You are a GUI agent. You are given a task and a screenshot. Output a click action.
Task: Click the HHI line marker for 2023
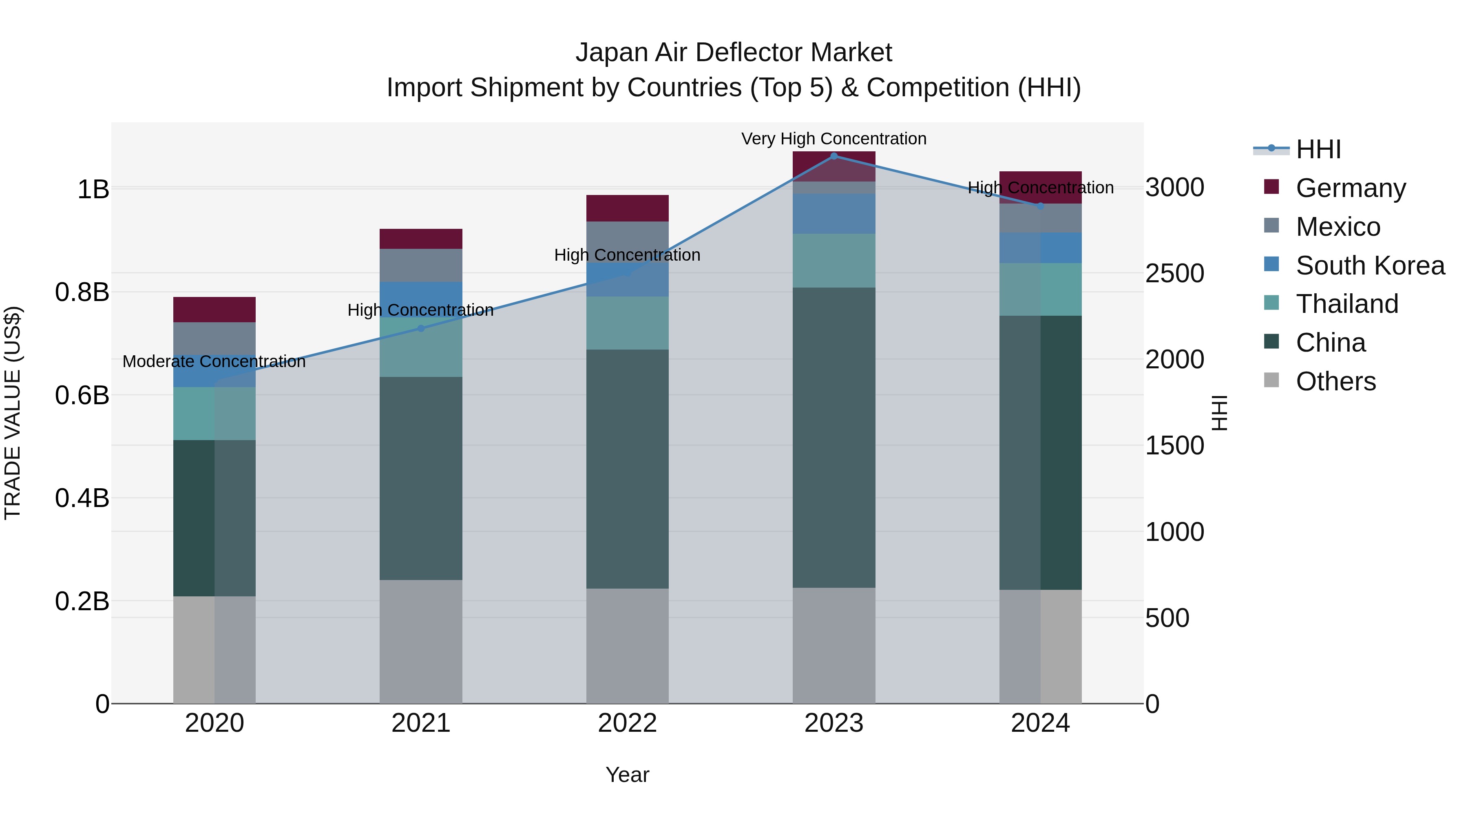pyautogui.click(x=834, y=156)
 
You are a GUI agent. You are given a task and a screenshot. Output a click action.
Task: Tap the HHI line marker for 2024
pyautogui.click(x=1040, y=206)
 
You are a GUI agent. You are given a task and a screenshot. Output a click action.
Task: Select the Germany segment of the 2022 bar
pyautogui.click(x=628, y=208)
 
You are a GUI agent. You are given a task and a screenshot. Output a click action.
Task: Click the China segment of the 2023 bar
pyautogui.click(x=834, y=437)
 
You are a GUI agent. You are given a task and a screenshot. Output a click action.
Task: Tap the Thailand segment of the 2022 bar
pyautogui.click(x=628, y=323)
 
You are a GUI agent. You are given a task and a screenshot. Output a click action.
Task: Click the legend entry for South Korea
pyautogui.click(x=1370, y=266)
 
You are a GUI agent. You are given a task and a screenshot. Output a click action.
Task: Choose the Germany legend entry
pyautogui.click(x=1351, y=188)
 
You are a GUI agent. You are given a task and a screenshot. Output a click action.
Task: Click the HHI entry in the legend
pyautogui.click(x=1318, y=149)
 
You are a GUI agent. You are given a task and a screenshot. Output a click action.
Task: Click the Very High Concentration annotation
pyautogui.click(x=834, y=139)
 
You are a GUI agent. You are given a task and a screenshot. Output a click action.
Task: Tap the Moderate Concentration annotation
pyautogui.click(x=214, y=361)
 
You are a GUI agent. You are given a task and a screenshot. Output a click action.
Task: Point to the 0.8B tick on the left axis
pyautogui.click(x=82, y=292)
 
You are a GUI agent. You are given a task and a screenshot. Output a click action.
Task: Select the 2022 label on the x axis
pyautogui.click(x=628, y=723)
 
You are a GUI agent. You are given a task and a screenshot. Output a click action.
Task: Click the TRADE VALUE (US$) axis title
pyautogui.click(x=13, y=413)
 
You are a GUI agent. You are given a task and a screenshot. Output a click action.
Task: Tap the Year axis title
pyautogui.click(x=628, y=775)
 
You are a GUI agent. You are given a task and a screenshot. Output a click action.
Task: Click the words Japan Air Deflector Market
pyautogui.click(x=734, y=53)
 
